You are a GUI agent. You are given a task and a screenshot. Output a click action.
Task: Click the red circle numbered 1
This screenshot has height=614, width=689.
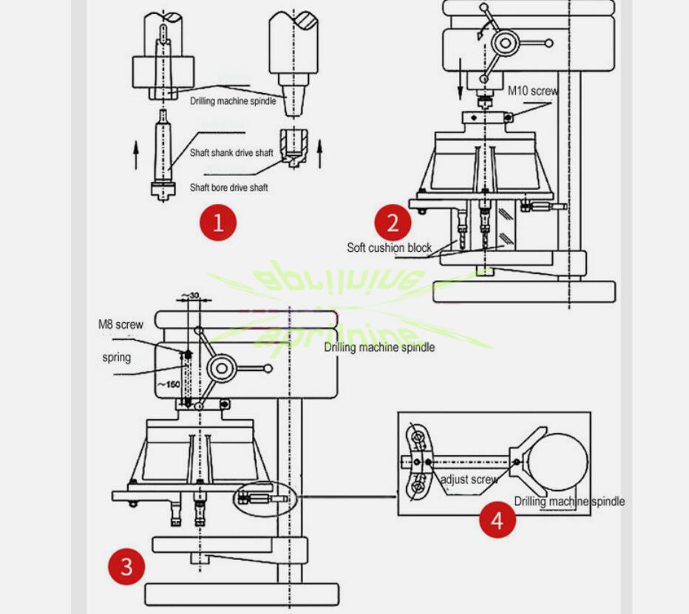(218, 222)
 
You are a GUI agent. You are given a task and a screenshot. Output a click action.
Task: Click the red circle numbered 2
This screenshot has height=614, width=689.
(393, 222)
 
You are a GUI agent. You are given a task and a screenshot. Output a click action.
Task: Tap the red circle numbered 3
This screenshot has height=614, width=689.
(126, 567)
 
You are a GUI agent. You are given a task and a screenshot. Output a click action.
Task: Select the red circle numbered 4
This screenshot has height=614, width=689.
(497, 519)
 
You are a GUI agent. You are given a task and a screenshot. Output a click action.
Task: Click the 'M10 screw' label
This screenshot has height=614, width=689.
(532, 91)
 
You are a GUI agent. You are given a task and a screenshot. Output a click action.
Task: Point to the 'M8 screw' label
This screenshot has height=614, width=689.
(121, 324)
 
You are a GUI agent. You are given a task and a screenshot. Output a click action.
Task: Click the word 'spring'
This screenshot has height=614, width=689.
(117, 358)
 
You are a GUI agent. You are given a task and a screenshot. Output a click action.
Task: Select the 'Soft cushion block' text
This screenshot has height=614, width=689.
(389, 248)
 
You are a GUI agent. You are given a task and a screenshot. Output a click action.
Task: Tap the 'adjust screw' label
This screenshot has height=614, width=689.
(469, 480)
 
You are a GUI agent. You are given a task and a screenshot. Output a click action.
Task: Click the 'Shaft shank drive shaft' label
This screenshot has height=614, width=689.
(231, 153)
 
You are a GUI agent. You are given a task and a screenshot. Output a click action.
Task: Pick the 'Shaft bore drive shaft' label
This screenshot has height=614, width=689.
(228, 188)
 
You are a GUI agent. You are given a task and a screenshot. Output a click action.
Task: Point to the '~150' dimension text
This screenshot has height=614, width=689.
(169, 384)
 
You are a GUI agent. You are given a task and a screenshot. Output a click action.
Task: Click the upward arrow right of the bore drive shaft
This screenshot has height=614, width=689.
(319, 154)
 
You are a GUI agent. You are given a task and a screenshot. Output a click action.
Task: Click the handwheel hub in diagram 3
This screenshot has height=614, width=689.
(223, 368)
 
